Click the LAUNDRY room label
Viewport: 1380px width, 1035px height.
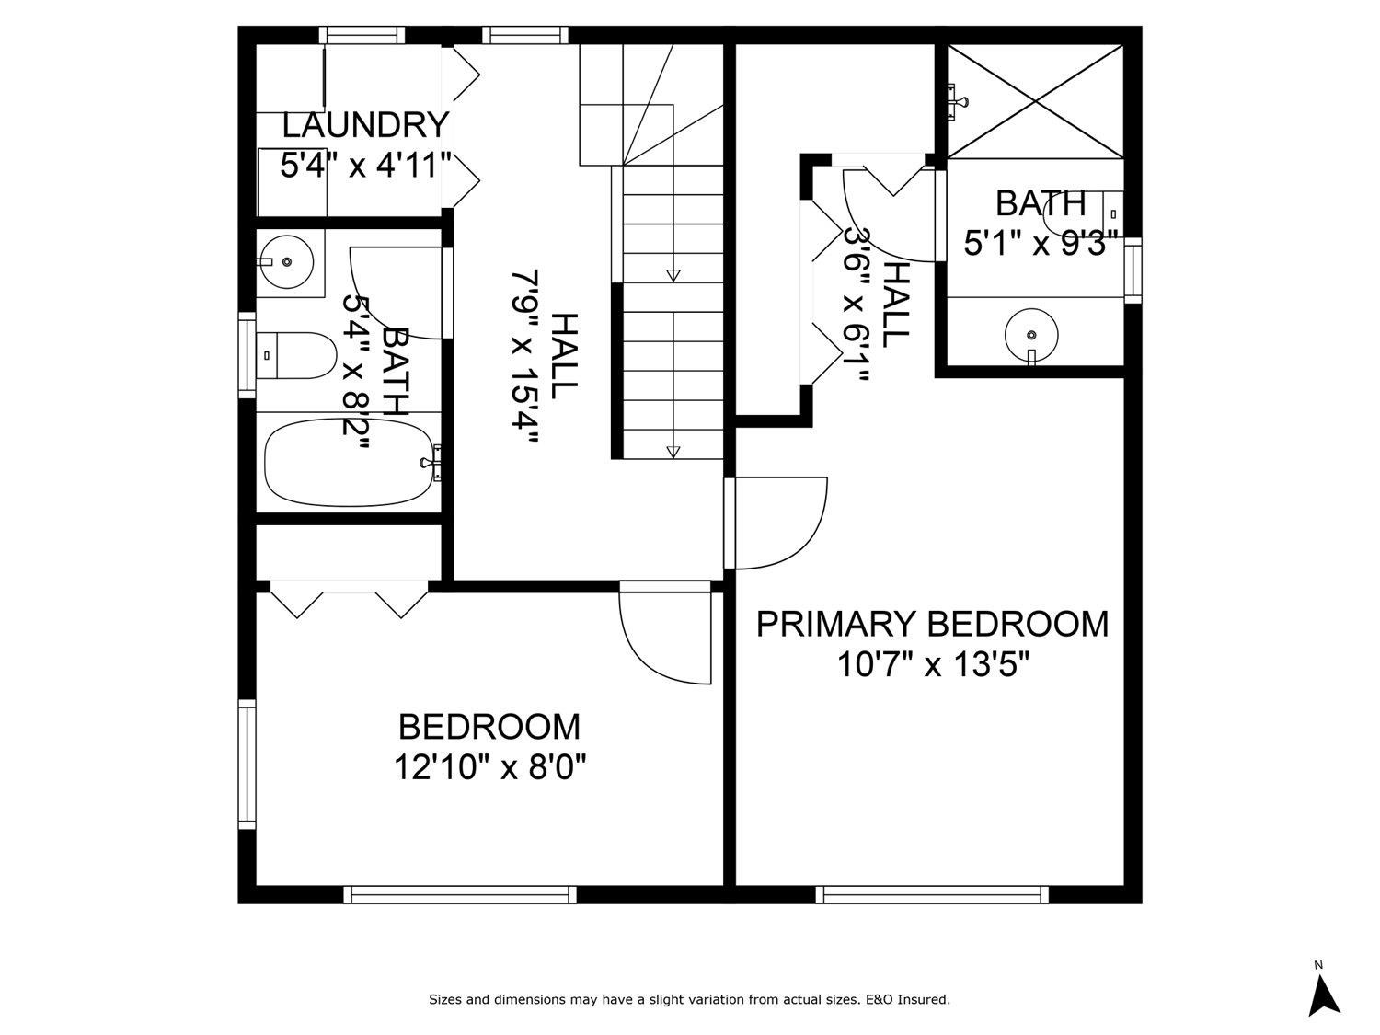click(x=365, y=123)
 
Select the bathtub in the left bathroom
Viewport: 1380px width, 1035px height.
click(x=347, y=462)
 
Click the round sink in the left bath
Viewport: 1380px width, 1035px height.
click(x=287, y=261)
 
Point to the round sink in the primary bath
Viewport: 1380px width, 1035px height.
click(x=1030, y=334)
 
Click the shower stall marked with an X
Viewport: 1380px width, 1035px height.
click(x=1034, y=101)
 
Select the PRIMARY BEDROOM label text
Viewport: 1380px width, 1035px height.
click(x=932, y=624)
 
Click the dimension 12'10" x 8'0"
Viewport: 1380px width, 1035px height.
click(x=489, y=765)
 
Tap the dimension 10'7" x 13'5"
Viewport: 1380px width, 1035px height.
click(x=932, y=663)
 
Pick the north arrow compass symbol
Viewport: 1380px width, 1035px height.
click(x=1323, y=994)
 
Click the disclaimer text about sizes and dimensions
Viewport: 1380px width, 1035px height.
click(x=689, y=999)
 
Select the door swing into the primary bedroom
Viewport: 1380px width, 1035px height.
click(x=777, y=524)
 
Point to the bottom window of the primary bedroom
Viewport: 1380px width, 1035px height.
click(x=932, y=894)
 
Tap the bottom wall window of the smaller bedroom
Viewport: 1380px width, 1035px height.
click(x=460, y=894)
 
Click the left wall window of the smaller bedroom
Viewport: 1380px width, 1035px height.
click(x=247, y=764)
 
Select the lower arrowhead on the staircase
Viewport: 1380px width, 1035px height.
click(x=673, y=451)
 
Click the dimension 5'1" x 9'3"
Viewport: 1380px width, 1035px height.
click(x=1040, y=244)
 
